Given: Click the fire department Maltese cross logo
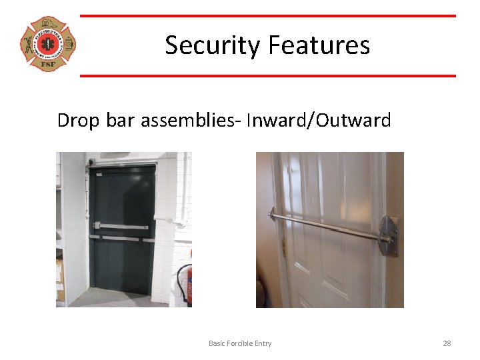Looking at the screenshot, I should click(x=48, y=45).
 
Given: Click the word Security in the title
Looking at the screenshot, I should click(x=213, y=45).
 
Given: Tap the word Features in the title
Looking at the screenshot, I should click(x=319, y=45).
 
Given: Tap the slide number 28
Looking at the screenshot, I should click(x=447, y=343).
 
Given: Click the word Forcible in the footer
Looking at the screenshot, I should click(x=242, y=343).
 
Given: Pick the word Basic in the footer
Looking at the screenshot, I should click(x=217, y=343).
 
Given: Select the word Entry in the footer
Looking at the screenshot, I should click(x=263, y=343).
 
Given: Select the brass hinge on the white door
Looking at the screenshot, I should click(x=283, y=248).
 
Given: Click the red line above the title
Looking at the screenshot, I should click(x=267, y=16).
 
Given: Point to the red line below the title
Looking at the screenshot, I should click(x=267, y=75).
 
